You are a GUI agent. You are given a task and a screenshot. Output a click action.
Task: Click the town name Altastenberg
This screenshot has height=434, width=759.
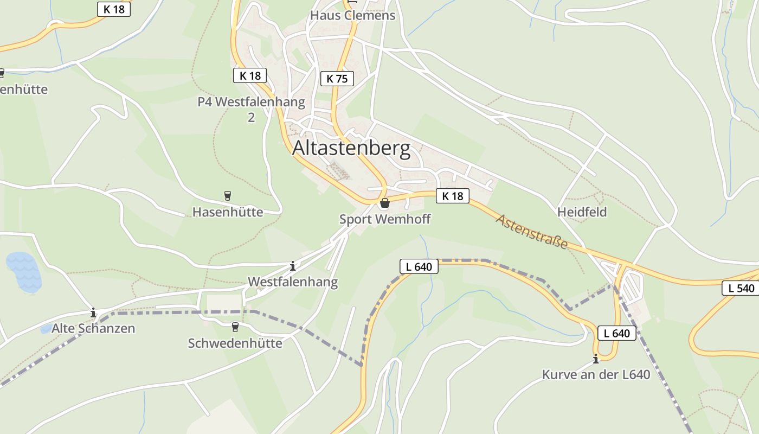pyautogui.click(x=351, y=148)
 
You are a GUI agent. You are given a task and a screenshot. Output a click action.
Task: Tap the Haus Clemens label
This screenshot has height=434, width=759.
pyautogui.click(x=352, y=15)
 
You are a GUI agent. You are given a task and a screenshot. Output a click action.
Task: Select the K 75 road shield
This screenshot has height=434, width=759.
pyautogui.click(x=337, y=79)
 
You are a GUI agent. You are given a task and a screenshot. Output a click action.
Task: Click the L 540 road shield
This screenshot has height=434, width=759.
pyautogui.click(x=741, y=288)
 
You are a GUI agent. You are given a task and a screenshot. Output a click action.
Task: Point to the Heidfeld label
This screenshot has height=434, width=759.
pyautogui.click(x=582, y=212)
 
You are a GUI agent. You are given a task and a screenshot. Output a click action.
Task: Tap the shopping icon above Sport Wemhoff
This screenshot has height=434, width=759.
pyautogui.click(x=385, y=203)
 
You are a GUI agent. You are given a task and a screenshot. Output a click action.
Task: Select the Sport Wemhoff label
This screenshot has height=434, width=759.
pyautogui.click(x=385, y=219)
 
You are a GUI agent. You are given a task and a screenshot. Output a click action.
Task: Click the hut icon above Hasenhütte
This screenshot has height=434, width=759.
pyautogui.click(x=228, y=196)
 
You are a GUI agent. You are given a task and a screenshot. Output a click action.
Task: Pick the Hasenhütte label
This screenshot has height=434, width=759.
pyautogui.click(x=228, y=212)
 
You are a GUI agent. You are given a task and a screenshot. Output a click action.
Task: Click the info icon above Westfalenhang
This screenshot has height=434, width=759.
pyautogui.click(x=293, y=266)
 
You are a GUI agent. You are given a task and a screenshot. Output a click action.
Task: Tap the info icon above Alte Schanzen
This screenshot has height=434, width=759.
pyautogui.click(x=93, y=312)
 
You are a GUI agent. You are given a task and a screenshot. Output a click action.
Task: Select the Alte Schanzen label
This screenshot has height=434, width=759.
pyautogui.click(x=93, y=328)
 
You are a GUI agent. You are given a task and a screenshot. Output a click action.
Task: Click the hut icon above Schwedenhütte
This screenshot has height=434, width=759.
pyautogui.click(x=235, y=327)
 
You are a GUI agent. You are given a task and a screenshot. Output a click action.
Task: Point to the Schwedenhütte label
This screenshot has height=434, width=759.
pyautogui.click(x=235, y=343)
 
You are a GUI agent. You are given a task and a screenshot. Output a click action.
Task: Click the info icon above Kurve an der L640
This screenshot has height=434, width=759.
pyautogui.click(x=596, y=359)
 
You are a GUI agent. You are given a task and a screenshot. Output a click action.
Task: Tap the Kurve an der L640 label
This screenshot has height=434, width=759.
pyautogui.click(x=596, y=374)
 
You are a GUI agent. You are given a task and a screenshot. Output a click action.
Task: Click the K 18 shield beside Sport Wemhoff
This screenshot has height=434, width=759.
pyautogui.click(x=452, y=196)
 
